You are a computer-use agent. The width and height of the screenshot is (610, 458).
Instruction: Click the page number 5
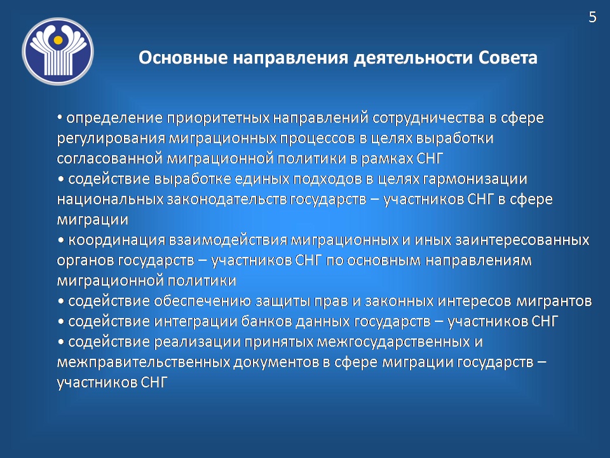tap(592, 17)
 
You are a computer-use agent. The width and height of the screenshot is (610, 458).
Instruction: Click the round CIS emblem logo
tap(58, 52)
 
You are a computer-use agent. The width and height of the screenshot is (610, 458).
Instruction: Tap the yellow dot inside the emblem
tap(58, 39)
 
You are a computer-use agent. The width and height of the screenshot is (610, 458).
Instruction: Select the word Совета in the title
tap(508, 58)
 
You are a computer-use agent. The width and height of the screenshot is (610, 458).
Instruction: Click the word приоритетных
tap(218, 118)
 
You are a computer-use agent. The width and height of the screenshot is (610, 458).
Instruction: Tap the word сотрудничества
tap(428, 118)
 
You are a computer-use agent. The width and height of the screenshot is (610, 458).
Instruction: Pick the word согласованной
tap(109, 158)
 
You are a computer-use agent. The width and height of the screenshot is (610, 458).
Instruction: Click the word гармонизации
tap(475, 179)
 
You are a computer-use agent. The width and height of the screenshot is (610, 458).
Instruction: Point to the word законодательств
tap(227, 199)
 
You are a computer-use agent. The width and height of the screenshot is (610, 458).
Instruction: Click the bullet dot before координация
tap(61, 240)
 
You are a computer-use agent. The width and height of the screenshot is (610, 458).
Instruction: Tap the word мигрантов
tap(554, 301)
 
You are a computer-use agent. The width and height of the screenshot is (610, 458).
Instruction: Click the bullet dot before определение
tap(60, 117)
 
